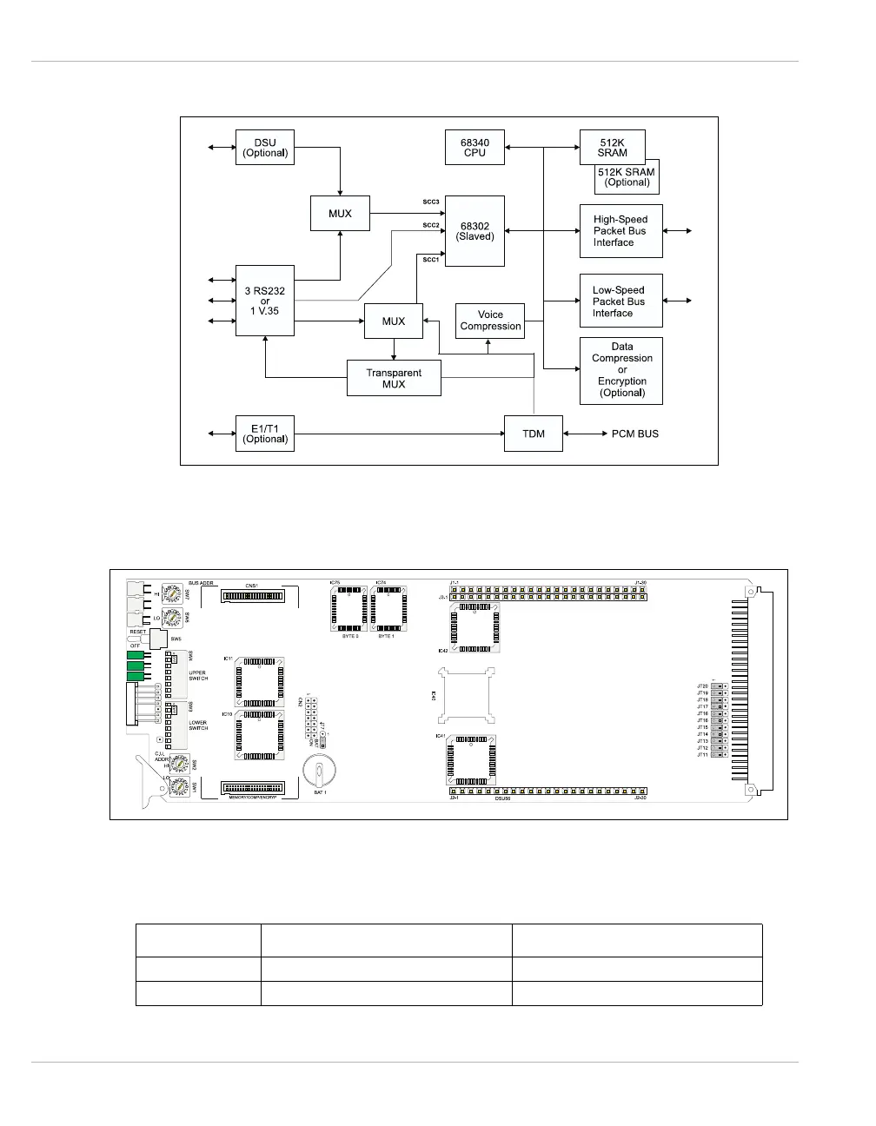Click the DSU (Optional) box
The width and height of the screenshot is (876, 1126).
(x=265, y=148)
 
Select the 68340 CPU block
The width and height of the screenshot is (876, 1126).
(x=474, y=148)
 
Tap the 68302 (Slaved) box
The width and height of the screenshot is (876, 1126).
(x=474, y=231)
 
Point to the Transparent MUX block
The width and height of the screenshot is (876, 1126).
(x=394, y=378)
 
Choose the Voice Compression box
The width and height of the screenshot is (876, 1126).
(x=490, y=321)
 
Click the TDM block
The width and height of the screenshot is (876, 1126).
(x=534, y=434)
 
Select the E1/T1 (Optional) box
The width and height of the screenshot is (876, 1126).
(x=265, y=434)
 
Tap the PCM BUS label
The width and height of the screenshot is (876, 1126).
(x=635, y=434)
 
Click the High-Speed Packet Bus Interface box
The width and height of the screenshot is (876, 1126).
(x=620, y=231)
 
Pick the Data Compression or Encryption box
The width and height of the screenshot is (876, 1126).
(x=621, y=370)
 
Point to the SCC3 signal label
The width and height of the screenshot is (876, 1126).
(x=431, y=202)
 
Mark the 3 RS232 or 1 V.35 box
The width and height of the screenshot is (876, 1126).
(x=265, y=301)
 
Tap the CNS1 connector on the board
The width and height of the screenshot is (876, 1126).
(x=253, y=597)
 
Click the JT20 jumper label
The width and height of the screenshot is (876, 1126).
(x=702, y=686)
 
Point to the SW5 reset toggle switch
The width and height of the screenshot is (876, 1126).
(x=158, y=639)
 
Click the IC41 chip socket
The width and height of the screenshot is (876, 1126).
(x=471, y=760)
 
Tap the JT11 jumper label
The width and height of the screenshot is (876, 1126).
(x=702, y=755)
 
